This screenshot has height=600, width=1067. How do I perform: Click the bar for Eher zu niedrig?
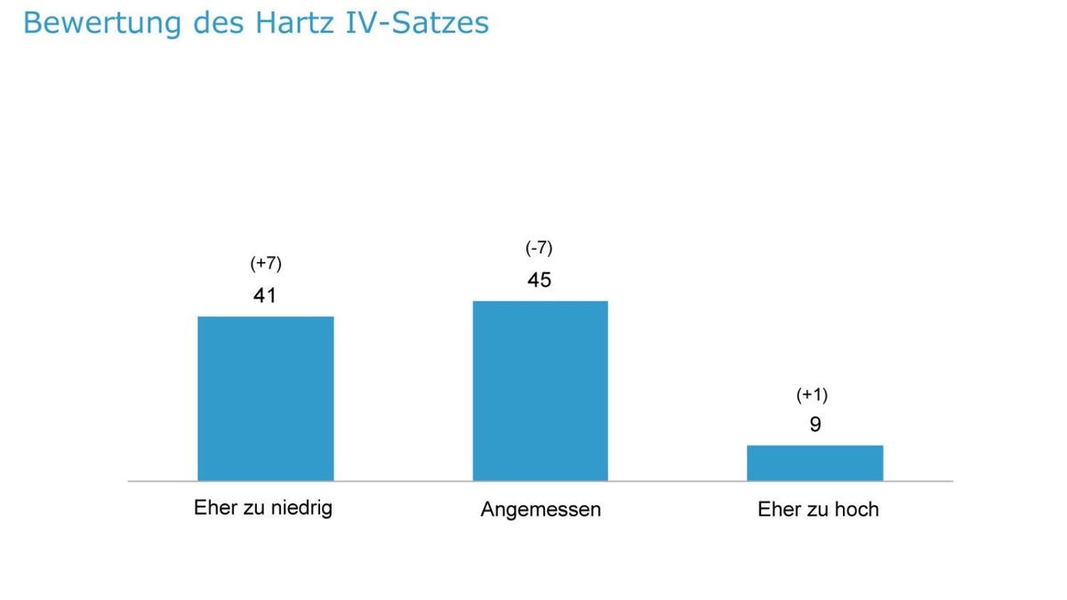[x=265, y=398]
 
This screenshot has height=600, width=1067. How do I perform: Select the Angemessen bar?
[x=540, y=391]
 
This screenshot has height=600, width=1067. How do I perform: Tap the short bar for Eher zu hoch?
[x=814, y=462]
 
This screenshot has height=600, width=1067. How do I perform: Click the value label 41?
[x=265, y=296]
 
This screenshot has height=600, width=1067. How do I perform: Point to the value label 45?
[x=539, y=280]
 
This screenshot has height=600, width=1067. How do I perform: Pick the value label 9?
[x=815, y=425]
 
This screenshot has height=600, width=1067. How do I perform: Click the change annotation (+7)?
[x=265, y=264]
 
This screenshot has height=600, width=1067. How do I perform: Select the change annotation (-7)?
[x=539, y=248]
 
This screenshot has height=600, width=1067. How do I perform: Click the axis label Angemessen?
[x=541, y=509]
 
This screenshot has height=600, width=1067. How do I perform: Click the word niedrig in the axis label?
[x=302, y=508]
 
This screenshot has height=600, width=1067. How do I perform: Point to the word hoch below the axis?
[x=856, y=509]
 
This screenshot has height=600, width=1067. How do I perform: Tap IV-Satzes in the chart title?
[x=419, y=23]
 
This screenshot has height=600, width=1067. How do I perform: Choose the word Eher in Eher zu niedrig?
[x=213, y=508]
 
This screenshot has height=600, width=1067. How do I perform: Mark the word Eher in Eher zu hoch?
[x=777, y=509]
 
